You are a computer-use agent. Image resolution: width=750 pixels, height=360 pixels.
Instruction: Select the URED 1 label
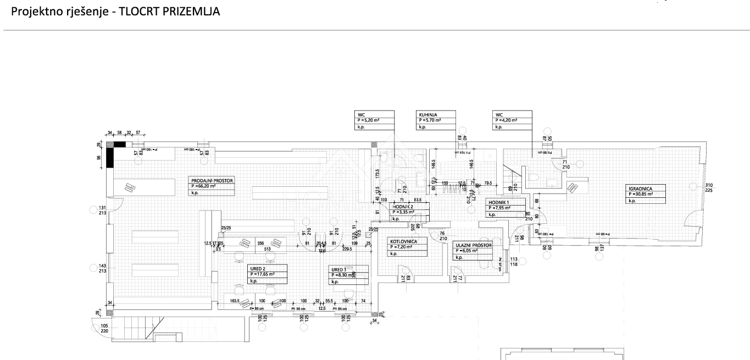point(338,269)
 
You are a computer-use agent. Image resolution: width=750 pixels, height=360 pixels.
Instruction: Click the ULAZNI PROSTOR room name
point(473,245)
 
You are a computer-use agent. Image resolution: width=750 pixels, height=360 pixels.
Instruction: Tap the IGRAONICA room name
point(640,188)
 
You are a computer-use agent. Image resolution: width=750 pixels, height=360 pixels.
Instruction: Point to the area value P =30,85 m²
point(641,194)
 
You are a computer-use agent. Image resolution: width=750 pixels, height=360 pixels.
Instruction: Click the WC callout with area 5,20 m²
point(361,114)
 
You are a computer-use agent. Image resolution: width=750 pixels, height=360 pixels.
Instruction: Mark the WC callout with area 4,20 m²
point(498,114)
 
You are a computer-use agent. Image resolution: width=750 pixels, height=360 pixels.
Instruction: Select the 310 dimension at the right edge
point(709,185)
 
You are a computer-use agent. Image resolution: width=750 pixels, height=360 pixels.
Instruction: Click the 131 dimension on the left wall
point(102,208)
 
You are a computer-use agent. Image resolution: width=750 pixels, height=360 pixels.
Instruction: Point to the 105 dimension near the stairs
point(104,326)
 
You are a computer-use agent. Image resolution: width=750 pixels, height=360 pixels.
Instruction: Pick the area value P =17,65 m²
point(262,274)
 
